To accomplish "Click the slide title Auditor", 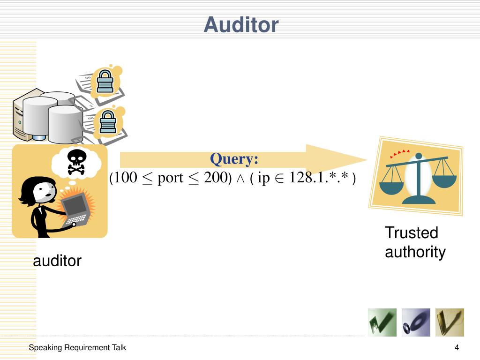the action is pyautogui.click(x=241, y=25).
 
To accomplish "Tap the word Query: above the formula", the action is pyautogui.click(x=234, y=159).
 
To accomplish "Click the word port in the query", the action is pyautogui.click(x=170, y=178).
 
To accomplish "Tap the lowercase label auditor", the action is pyautogui.click(x=57, y=261).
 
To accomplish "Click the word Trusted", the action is pyautogui.click(x=411, y=232).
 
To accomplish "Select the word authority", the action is pyautogui.click(x=415, y=252).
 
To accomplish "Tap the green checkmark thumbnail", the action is pyautogui.click(x=382, y=322).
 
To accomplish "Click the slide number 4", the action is pyautogui.click(x=456, y=348).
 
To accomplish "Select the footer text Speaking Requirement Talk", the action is pyautogui.click(x=77, y=348).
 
